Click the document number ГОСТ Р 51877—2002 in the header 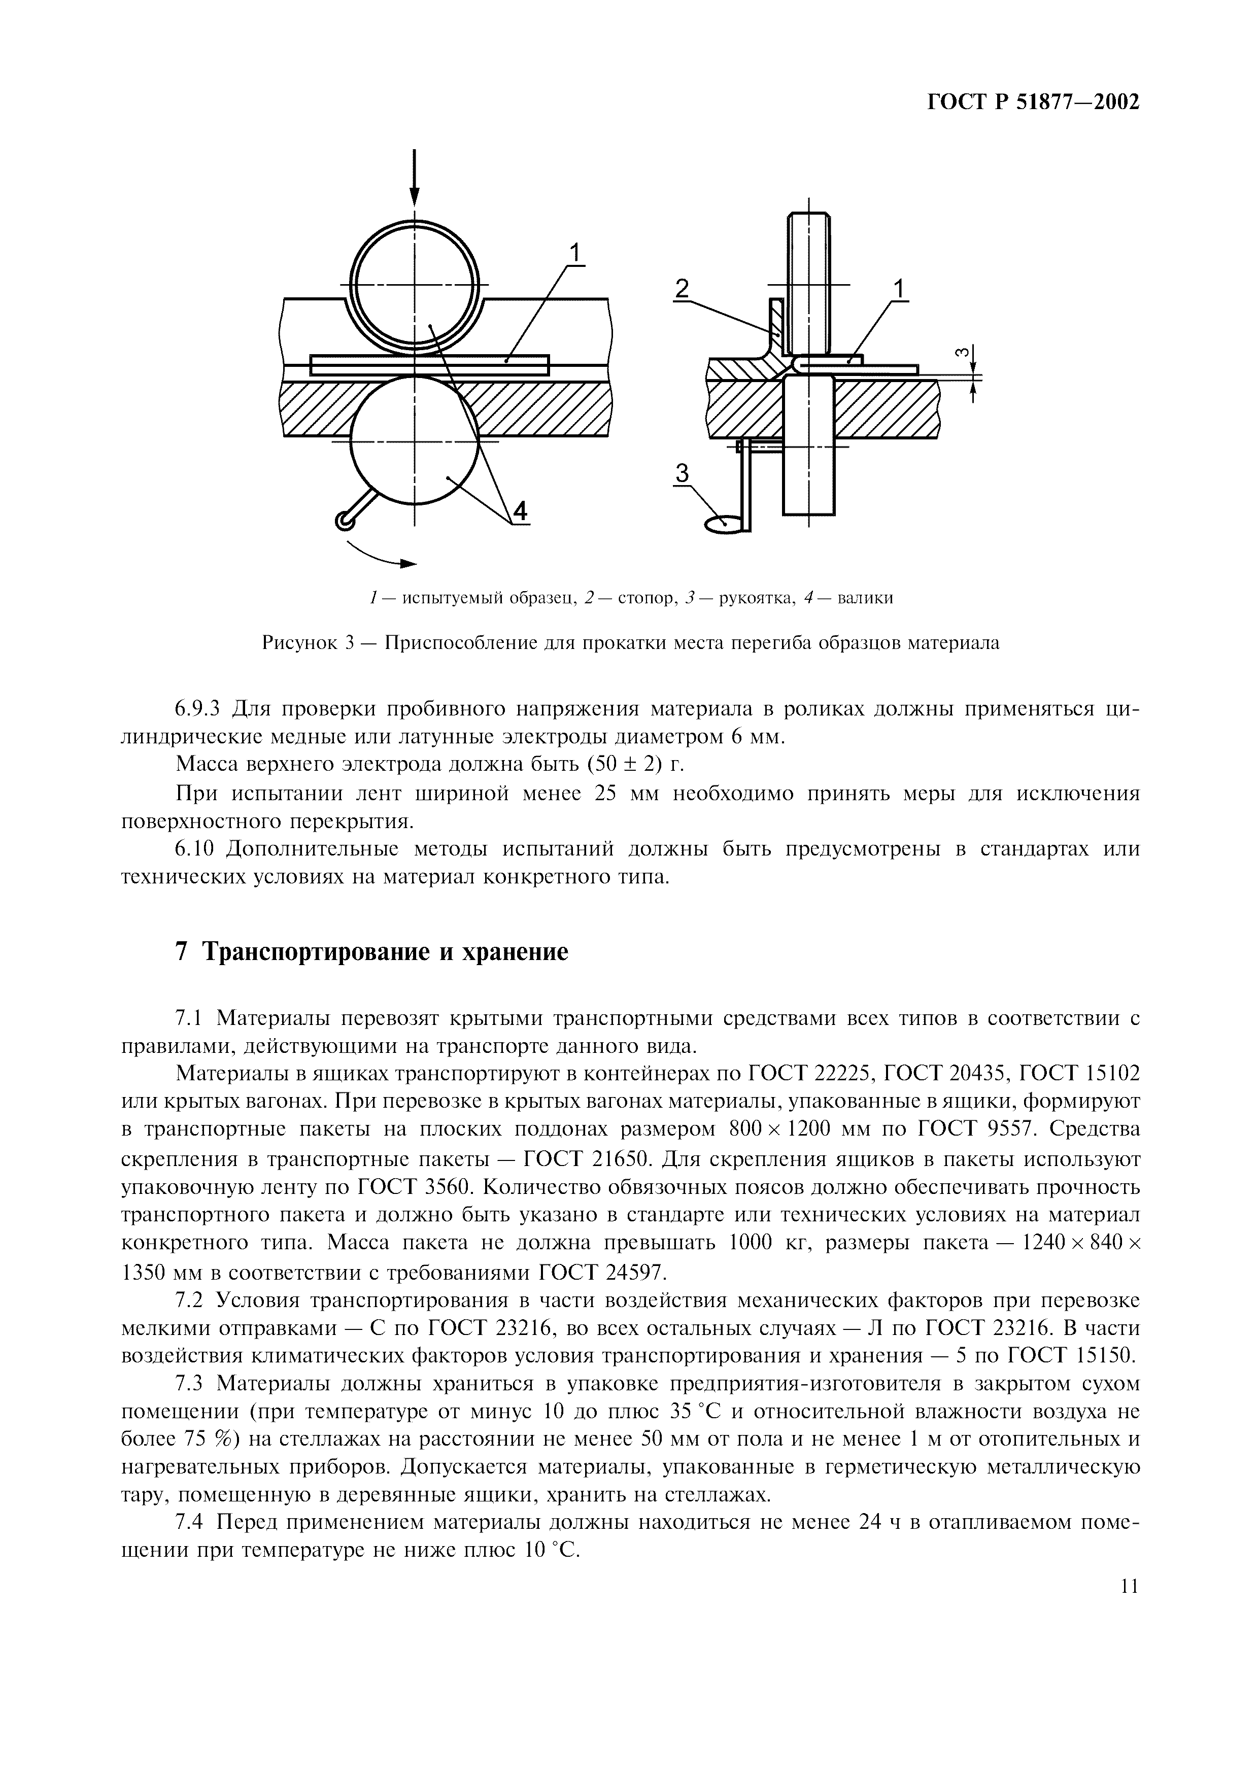pyautogui.click(x=1033, y=102)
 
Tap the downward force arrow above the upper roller pyautogui.click(x=415, y=178)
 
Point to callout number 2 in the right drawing pyautogui.click(x=682, y=288)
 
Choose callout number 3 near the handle pyautogui.click(x=682, y=472)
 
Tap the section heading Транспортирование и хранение pyautogui.click(x=385, y=951)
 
